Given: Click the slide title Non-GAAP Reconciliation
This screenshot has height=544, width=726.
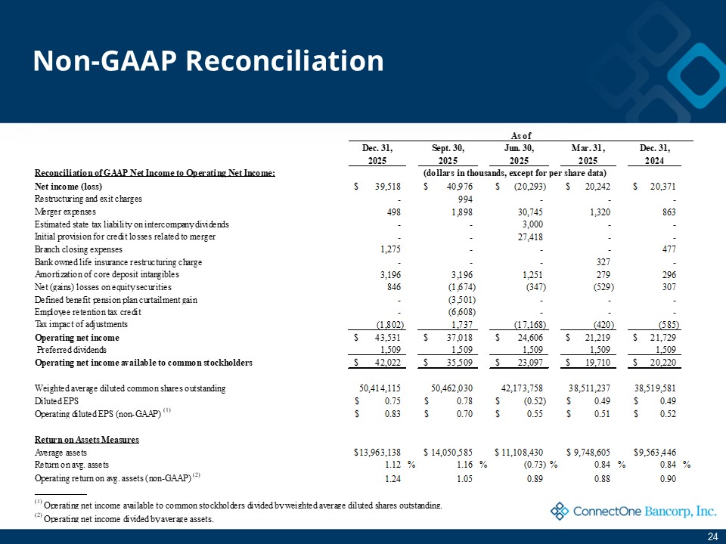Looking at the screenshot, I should (x=208, y=61).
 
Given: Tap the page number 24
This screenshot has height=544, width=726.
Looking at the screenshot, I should (x=712, y=536).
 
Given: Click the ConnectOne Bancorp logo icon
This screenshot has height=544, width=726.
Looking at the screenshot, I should (x=560, y=512).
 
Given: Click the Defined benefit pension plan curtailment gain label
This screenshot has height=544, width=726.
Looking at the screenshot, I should (x=116, y=300).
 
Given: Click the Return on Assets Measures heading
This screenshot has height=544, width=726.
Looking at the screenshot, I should (x=87, y=439).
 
